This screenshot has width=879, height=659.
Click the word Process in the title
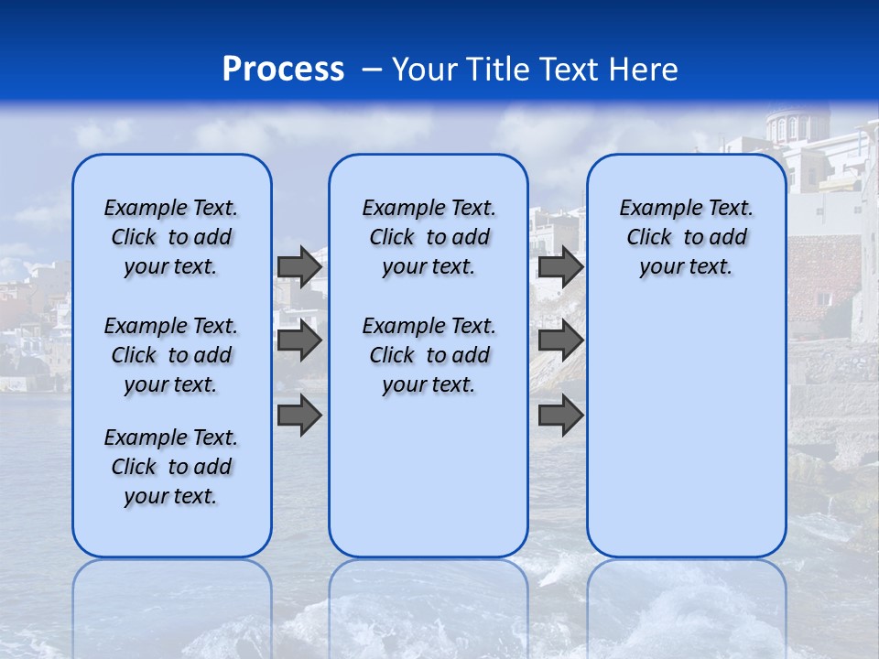pos(283,70)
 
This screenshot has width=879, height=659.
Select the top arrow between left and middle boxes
pos(299,266)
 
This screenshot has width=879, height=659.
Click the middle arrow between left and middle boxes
pos(299,340)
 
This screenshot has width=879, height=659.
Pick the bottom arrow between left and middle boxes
pos(299,415)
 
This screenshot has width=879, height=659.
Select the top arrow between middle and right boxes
pos(560,266)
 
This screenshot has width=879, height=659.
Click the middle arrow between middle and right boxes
pos(560,340)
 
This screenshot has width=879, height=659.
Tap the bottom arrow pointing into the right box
pos(560,415)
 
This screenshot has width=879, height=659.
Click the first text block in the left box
pos(171,237)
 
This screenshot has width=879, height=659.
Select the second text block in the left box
pos(171,355)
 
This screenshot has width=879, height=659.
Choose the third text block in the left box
pos(171,467)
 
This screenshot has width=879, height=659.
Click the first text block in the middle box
pos(429,237)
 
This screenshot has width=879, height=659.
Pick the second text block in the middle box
pos(429,355)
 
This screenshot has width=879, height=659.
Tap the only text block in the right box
pos(686,237)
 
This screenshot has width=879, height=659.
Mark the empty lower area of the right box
pos(686,430)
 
